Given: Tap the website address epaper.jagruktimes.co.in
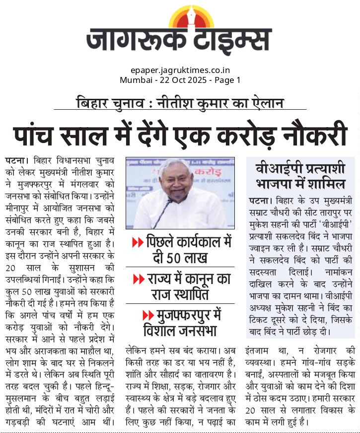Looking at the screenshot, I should pos(180,71).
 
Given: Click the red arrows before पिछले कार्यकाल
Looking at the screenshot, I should pos(138,243).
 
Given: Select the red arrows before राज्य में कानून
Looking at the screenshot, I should pos(139,280).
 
